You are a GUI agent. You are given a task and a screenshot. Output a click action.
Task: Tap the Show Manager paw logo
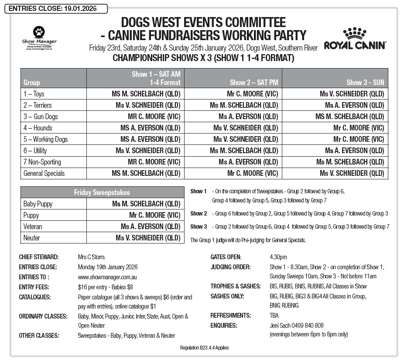[39, 32]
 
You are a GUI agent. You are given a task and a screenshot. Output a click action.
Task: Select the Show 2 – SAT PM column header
[253, 82]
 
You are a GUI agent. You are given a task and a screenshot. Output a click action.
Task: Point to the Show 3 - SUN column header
[365, 82]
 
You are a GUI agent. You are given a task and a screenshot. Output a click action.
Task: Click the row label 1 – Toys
[34, 94]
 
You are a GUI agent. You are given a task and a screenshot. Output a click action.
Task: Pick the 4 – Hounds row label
[38, 128]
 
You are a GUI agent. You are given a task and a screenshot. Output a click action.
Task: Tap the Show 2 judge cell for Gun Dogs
[248, 117]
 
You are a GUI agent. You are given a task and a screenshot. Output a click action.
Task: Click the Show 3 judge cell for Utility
[354, 151]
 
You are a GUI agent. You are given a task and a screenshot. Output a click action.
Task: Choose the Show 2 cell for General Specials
[252, 173]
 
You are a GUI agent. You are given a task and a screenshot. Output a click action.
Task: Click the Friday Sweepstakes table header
[102, 192]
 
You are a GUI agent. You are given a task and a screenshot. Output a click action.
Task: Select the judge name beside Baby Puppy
[146, 204]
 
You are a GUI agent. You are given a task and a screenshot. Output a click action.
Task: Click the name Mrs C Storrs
[91, 257]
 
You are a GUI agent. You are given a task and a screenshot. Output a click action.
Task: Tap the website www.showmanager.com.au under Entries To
[108, 277]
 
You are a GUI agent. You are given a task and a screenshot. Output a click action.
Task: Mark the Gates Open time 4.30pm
[278, 257]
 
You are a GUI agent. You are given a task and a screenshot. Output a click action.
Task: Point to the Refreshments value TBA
[274, 315]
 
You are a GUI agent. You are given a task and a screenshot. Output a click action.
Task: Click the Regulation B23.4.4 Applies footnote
[204, 348]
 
